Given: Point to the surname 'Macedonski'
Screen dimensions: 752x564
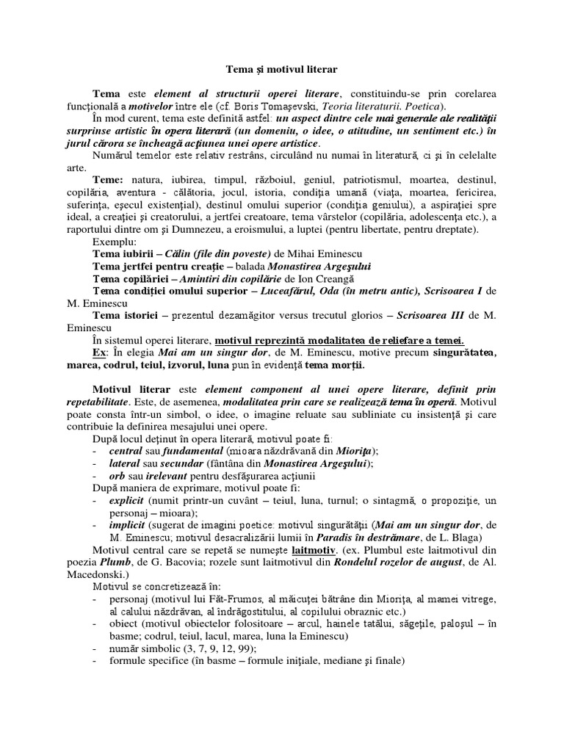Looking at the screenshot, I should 124,573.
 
